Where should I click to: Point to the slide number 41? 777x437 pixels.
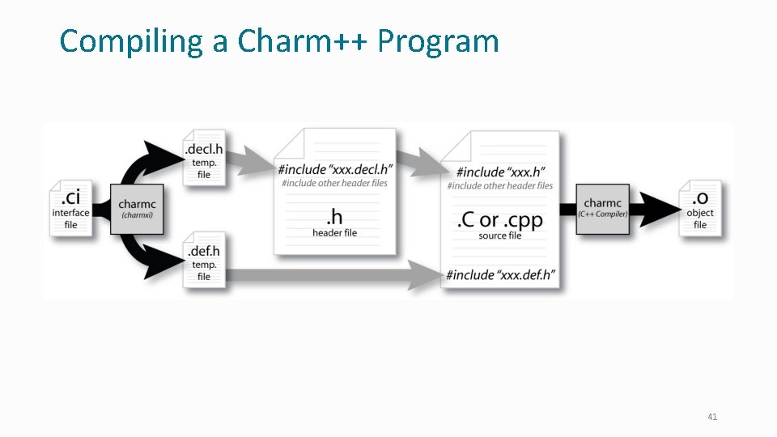712,417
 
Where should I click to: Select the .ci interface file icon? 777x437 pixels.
71,207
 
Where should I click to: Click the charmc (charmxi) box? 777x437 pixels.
137,208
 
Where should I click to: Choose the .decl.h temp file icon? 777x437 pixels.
204,158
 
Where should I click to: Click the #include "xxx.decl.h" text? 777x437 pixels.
335,169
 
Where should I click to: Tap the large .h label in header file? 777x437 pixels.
334,216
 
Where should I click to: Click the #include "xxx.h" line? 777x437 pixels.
500,172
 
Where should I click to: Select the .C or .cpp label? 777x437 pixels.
499,220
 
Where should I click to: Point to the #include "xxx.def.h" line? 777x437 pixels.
500,275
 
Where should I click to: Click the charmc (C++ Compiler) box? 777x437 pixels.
603,208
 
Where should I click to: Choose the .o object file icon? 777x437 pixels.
700,207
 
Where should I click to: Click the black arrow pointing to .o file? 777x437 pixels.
656,208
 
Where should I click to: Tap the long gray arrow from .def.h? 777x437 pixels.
332,275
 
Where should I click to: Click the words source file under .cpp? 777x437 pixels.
499,235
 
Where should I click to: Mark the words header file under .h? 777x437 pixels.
334,233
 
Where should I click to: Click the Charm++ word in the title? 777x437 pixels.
304,41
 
